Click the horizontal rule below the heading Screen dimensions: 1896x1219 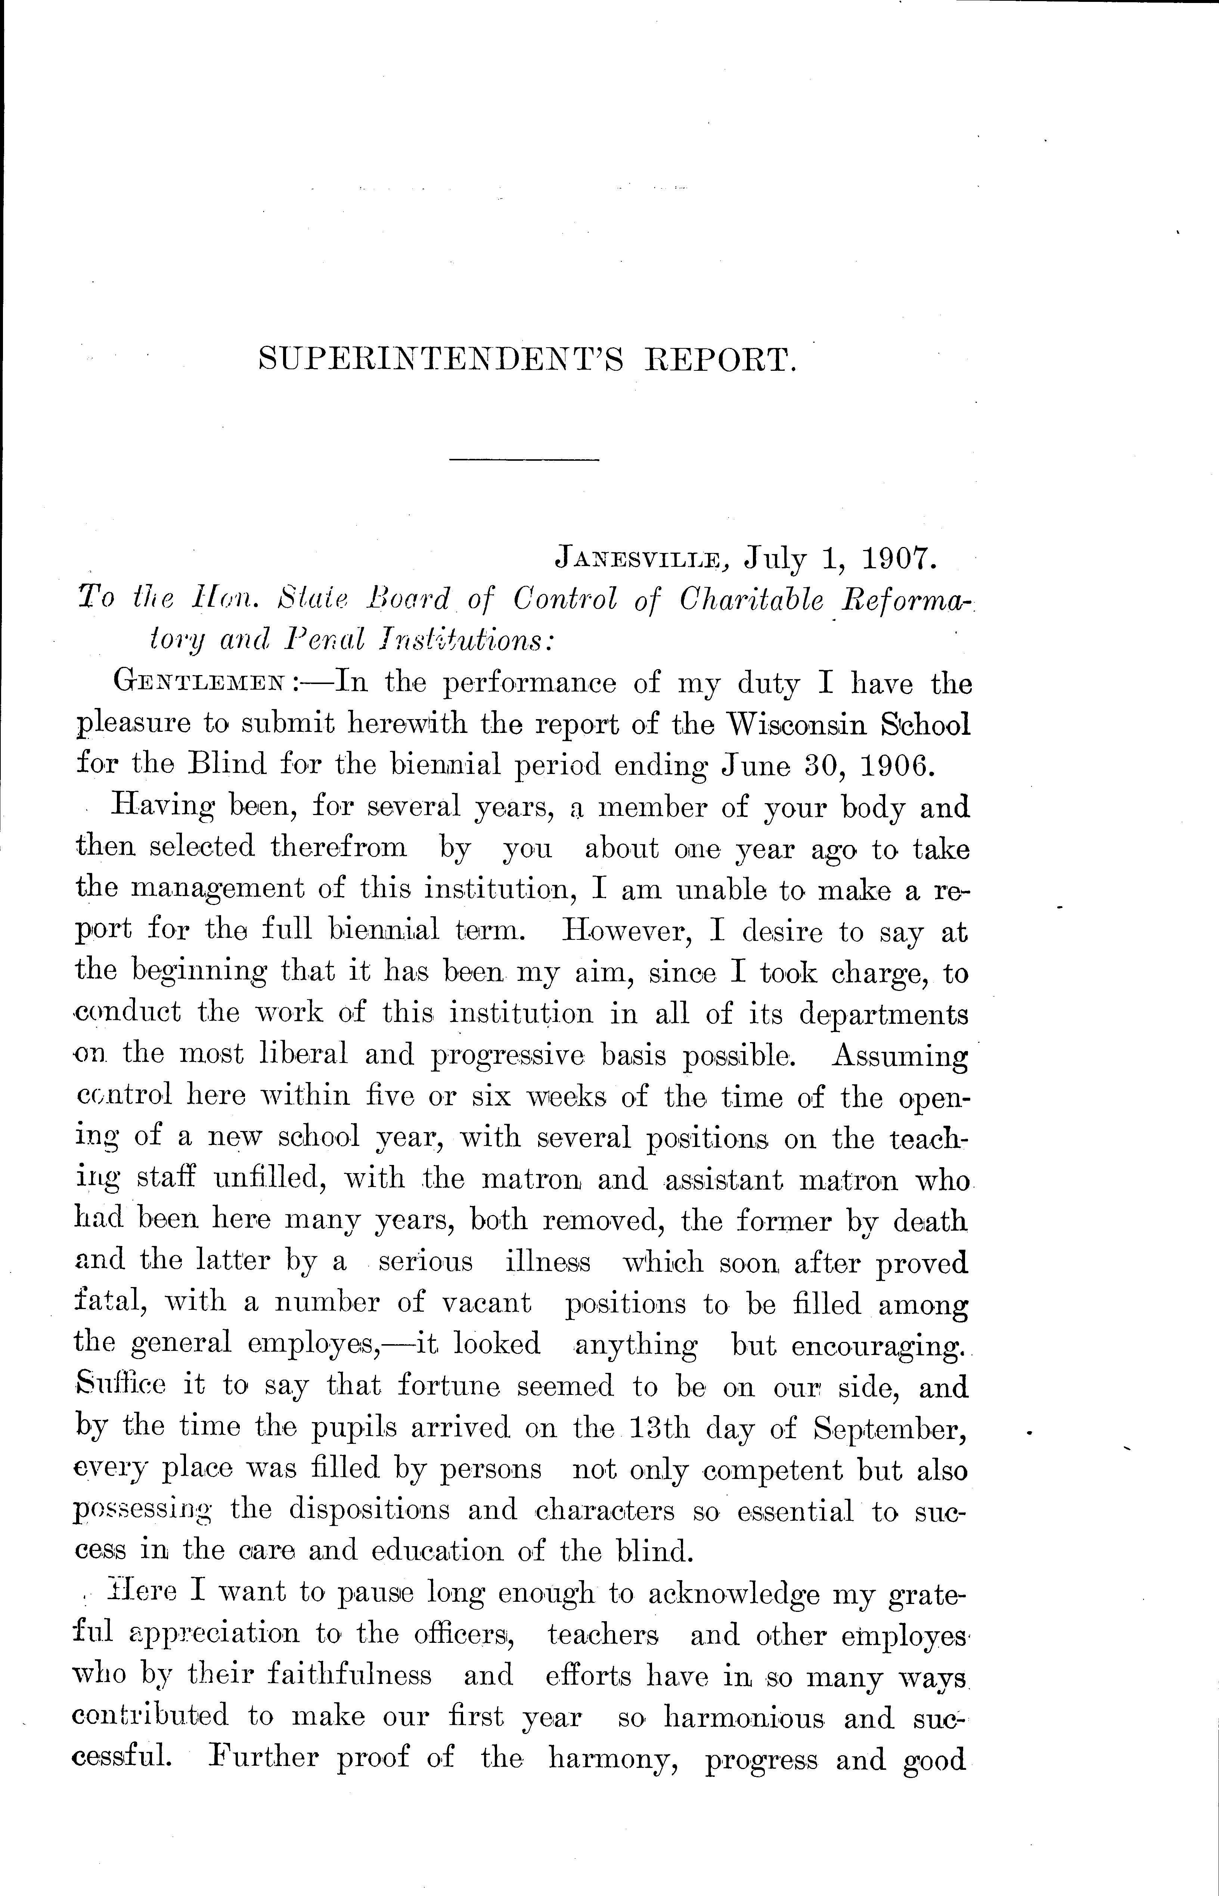tap(524, 460)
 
